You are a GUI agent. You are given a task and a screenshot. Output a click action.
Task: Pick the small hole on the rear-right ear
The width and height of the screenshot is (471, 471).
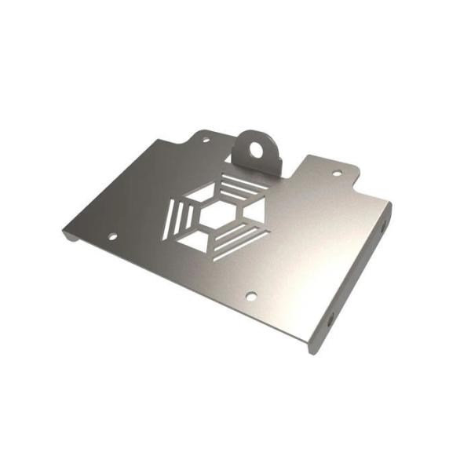[337, 173]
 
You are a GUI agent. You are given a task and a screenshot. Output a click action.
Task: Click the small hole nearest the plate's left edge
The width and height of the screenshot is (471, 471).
[112, 235]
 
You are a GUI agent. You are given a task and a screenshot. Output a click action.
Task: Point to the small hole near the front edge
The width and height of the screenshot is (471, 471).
[251, 296]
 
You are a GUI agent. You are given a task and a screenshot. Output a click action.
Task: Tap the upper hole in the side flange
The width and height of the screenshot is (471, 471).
[382, 228]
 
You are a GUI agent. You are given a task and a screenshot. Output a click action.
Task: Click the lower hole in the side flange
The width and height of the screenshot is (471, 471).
[330, 319]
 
